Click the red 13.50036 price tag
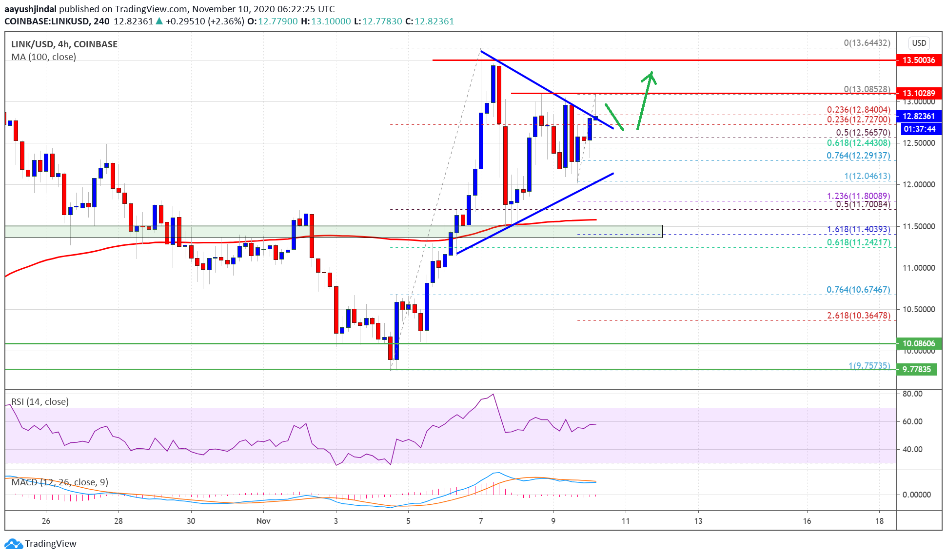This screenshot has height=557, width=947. point(918,60)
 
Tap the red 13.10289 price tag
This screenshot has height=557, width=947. point(918,93)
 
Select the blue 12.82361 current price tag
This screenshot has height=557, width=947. point(918,116)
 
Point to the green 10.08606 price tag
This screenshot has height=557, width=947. point(918,343)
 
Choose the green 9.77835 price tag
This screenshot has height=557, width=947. point(916,369)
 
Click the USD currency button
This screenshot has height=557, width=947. point(919,43)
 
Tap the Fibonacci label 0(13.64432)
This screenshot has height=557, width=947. point(867,43)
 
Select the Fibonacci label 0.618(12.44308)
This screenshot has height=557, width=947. point(858,143)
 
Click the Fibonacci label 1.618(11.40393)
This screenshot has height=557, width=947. point(858,229)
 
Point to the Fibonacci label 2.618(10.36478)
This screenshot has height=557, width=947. point(858,316)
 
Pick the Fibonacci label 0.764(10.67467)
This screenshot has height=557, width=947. point(858,290)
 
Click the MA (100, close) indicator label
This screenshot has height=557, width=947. point(43,57)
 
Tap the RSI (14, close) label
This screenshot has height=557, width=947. point(39,401)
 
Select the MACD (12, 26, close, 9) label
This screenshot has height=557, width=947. point(59,482)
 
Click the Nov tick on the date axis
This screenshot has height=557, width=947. point(263,521)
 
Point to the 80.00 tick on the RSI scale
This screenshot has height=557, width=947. point(912,394)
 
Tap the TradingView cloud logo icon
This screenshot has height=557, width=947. point(13,543)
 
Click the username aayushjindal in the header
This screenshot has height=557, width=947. point(30,9)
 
